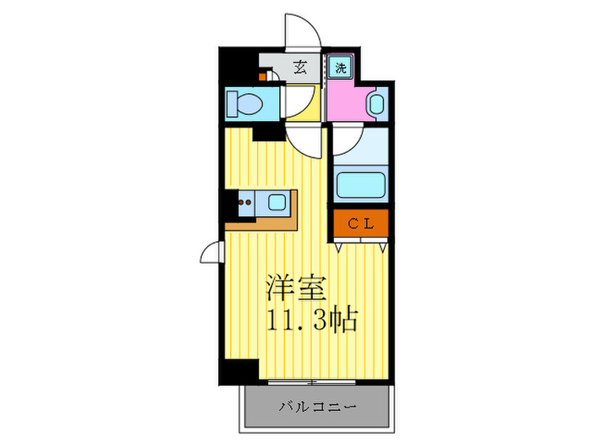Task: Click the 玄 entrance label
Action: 300,69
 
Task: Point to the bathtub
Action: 360,183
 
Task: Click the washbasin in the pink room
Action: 376,104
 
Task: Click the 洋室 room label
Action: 292,288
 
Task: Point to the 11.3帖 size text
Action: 313,320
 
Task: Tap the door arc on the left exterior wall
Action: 211,251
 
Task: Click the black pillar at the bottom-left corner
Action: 240,372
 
